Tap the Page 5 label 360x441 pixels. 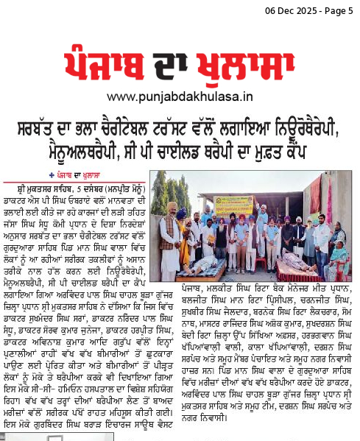point(339,10)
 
